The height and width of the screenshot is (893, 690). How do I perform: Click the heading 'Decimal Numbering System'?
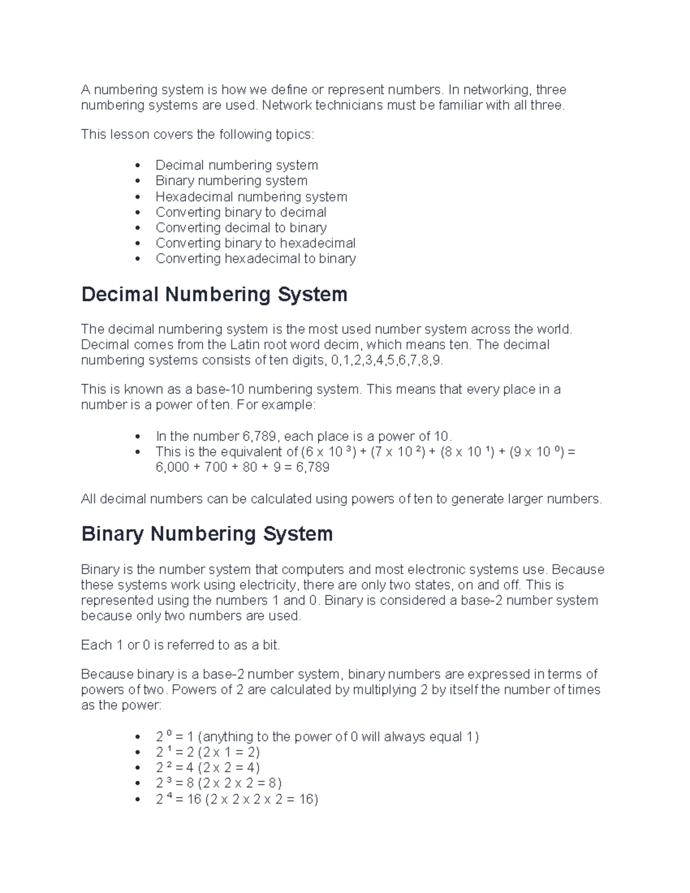pyautogui.click(x=214, y=294)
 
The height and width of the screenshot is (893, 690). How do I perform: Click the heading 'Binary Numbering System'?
pyautogui.click(x=207, y=534)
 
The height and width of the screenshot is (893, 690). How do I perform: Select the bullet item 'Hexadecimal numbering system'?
pyautogui.click(x=251, y=197)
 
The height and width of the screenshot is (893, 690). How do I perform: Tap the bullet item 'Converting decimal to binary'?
pyautogui.click(x=241, y=228)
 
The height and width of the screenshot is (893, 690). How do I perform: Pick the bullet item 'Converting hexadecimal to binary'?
pyautogui.click(x=255, y=259)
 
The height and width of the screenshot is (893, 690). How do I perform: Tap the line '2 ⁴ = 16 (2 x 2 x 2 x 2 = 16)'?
pyautogui.click(x=237, y=799)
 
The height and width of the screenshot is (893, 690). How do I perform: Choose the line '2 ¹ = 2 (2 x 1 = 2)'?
pyautogui.click(x=208, y=752)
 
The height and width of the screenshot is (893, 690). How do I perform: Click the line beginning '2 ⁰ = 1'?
pyautogui.click(x=317, y=737)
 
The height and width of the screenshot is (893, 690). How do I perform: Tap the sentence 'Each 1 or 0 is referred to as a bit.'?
pyautogui.click(x=181, y=645)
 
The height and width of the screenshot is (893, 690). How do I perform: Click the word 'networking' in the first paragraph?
pyautogui.click(x=502, y=90)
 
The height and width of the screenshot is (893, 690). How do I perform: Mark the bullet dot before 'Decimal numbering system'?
pyautogui.click(x=137, y=166)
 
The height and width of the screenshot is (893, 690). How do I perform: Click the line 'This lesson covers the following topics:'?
pyautogui.click(x=198, y=135)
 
